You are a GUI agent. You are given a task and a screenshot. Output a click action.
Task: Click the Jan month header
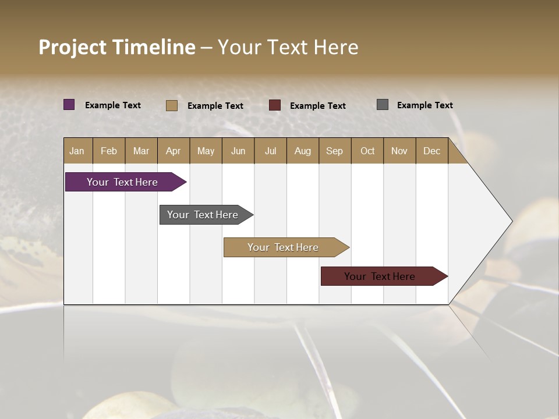click(77, 151)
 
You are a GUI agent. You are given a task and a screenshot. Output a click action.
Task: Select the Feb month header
click(109, 151)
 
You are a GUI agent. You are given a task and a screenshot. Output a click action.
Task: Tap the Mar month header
click(141, 151)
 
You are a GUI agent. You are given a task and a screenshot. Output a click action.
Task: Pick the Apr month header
click(174, 151)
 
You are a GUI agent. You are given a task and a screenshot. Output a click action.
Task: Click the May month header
click(206, 151)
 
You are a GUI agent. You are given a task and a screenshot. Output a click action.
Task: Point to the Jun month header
click(238, 151)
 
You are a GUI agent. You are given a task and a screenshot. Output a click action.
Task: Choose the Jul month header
click(270, 151)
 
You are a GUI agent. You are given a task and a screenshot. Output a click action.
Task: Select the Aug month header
click(303, 151)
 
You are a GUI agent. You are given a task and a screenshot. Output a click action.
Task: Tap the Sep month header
click(335, 151)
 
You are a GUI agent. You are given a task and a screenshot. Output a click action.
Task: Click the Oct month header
click(367, 151)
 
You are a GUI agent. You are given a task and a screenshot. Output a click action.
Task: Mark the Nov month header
click(399, 151)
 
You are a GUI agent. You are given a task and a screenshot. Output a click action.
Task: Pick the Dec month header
click(432, 151)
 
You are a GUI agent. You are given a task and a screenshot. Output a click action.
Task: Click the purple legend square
click(69, 105)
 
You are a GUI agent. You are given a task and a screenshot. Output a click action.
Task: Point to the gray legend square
click(383, 105)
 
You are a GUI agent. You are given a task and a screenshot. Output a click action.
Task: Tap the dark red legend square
click(275, 105)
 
